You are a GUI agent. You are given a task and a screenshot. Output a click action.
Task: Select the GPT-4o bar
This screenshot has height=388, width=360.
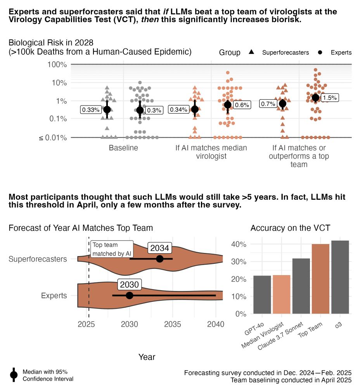pyautogui.click(x=262, y=294)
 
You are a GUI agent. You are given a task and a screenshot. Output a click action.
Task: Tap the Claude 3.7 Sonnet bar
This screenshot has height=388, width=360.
pyautogui.click(x=301, y=286)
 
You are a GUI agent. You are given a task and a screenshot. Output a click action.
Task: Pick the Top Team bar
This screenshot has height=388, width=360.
pyautogui.click(x=320, y=279)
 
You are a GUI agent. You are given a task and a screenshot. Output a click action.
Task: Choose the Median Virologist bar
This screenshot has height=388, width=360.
pyautogui.click(x=281, y=294)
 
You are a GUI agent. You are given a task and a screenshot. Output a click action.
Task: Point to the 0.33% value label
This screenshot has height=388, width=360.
pyautogui.click(x=90, y=110)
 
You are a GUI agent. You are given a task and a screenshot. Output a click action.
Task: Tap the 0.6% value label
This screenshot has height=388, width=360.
pyautogui.click(x=242, y=105)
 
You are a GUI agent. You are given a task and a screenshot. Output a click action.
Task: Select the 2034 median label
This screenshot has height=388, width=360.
pyautogui.click(x=159, y=248)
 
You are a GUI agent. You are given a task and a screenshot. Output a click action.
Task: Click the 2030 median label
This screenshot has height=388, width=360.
pyautogui.click(x=130, y=284)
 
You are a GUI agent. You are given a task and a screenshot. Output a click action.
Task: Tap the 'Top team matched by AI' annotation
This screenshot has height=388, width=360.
pyautogui.click(x=112, y=249)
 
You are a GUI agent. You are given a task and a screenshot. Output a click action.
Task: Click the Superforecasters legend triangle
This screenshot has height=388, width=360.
pyautogui.click(x=251, y=52)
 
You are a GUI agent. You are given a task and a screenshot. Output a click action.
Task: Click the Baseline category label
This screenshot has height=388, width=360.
pyautogui.click(x=123, y=148)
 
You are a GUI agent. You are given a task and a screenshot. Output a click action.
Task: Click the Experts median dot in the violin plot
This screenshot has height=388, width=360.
pyautogui.click(x=130, y=295)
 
